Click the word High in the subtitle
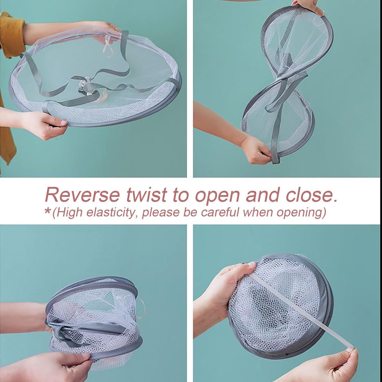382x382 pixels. point(70,213)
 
